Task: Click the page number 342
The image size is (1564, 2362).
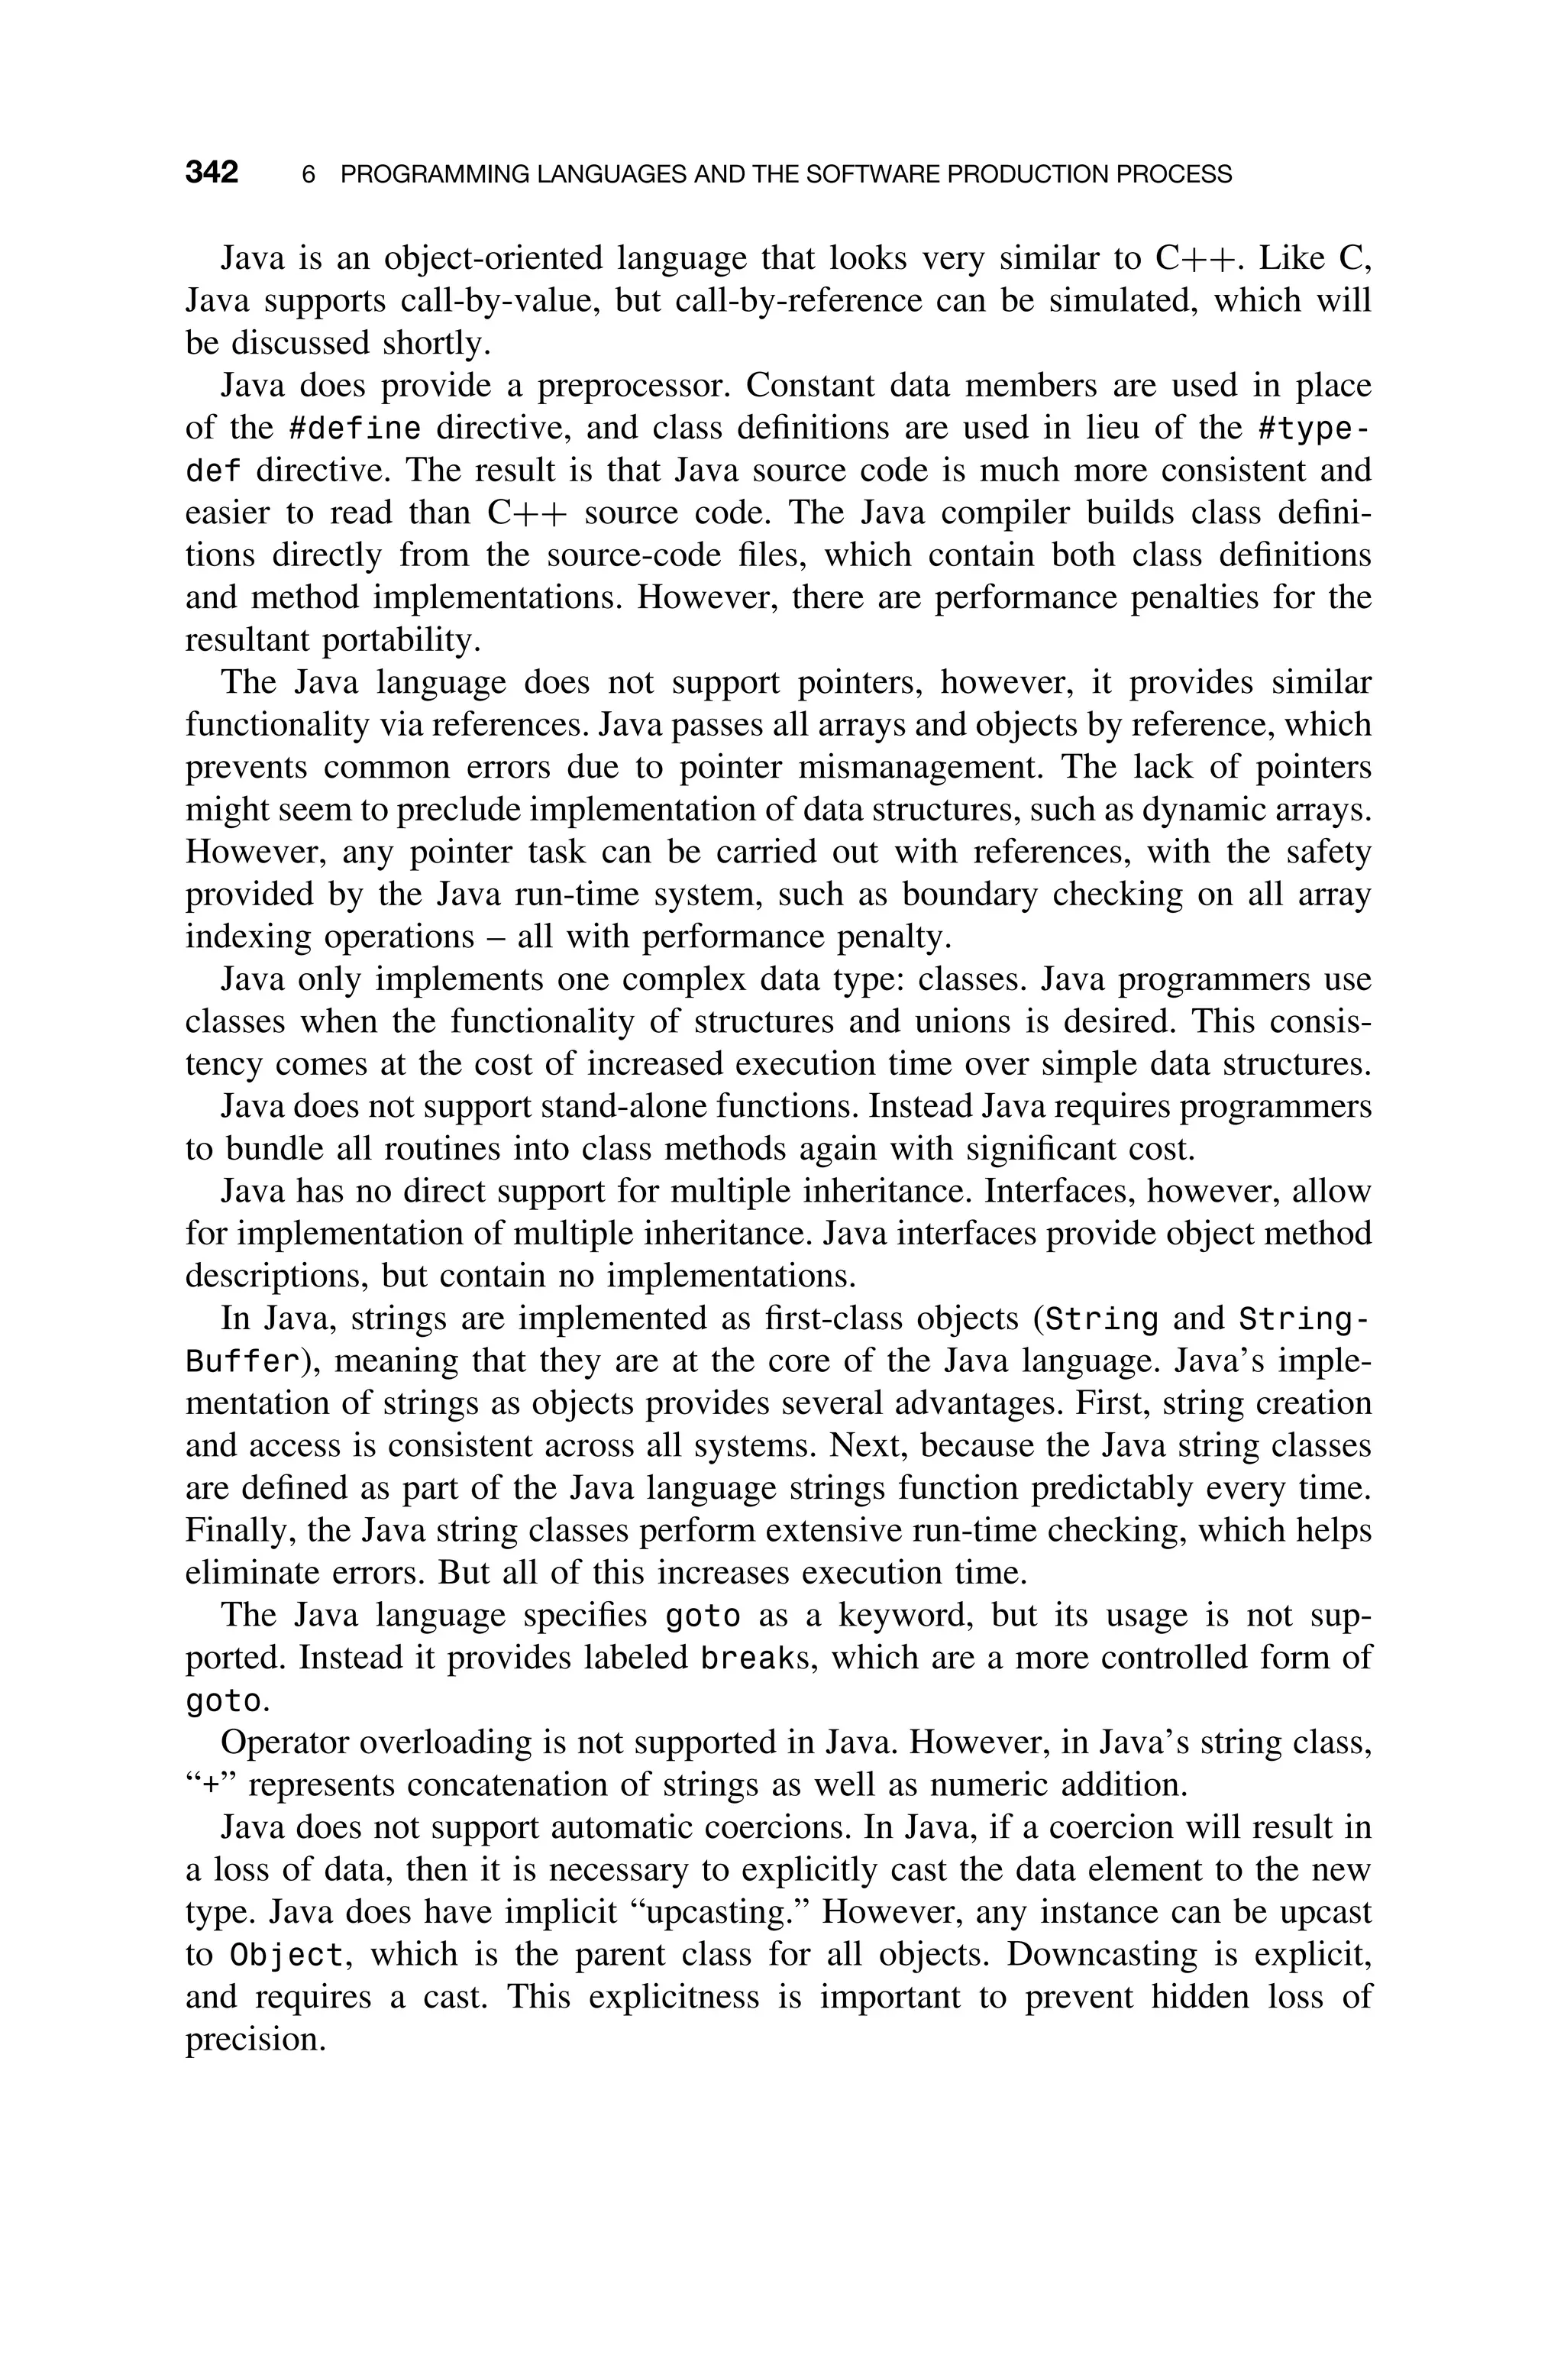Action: point(212,173)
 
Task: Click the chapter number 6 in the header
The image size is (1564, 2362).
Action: point(309,175)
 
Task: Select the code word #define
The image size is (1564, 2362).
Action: point(354,429)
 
